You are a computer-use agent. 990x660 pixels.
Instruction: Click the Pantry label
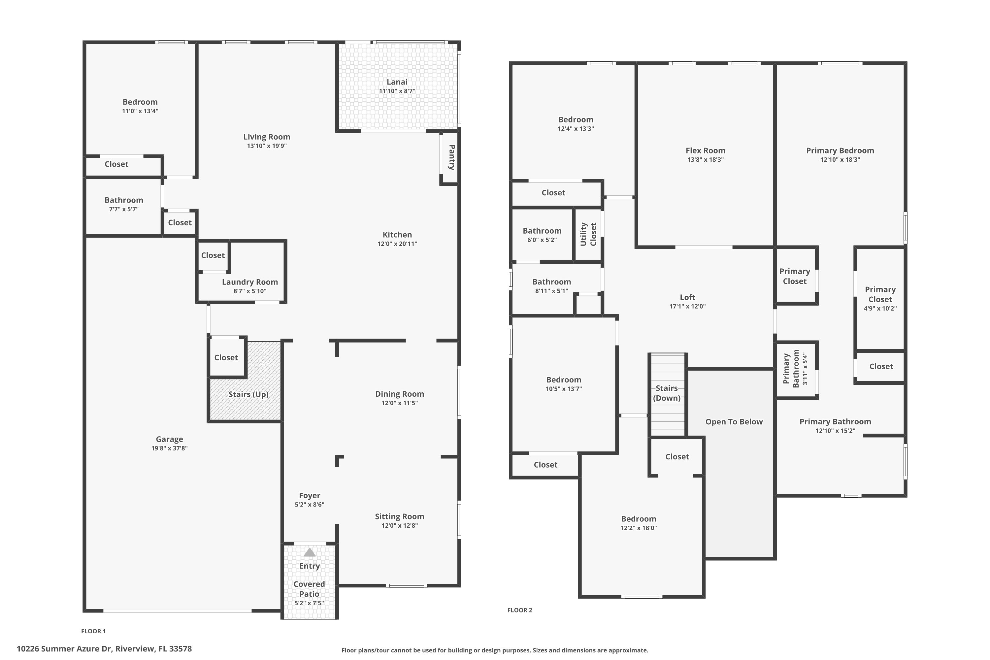(x=451, y=157)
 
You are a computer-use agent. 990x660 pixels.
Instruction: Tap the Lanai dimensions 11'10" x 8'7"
(x=397, y=91)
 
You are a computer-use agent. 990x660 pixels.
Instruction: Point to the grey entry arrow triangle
(x=310, y=552)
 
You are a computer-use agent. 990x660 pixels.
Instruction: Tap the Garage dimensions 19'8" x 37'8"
(x=169, y=448)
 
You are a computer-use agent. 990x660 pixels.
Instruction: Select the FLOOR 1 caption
(x=93, y=631)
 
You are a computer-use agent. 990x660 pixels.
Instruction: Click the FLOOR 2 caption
(x=519, y=610)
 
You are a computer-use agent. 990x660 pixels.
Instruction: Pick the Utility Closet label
(x=588, y=234)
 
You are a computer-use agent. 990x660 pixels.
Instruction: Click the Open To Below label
(x=734, y=422)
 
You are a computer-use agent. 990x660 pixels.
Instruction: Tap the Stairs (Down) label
(x=666, y=393)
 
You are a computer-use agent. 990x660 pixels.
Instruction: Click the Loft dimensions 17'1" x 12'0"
(x=687, y=307)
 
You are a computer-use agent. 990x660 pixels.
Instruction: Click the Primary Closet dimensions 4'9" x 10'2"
(x=880, y=309)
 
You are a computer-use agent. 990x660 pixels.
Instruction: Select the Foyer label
(x=310, y=495)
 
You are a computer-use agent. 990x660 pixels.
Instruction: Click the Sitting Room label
(x=399, y=516)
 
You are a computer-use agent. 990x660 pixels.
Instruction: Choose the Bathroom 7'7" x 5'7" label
(x=124, y=200)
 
